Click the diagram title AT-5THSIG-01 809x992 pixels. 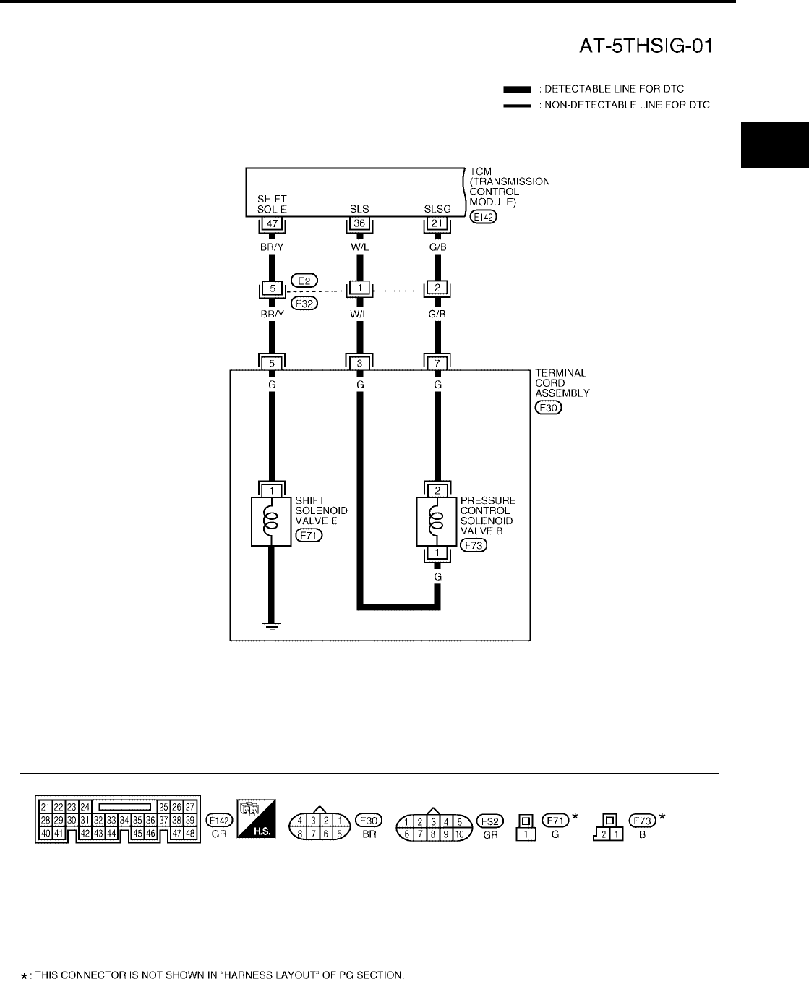[x=646, y=47]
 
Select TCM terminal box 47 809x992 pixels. [x=272, y=224]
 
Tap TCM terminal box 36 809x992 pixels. [x=359, y=224]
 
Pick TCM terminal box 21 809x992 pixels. [x=437, y=224]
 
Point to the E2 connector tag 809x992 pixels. [x=304, y=279]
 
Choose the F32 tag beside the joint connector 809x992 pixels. [x=304, y=303]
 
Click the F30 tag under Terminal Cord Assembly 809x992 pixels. [x=548, y=408]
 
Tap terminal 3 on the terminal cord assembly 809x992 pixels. [x=359, y=363]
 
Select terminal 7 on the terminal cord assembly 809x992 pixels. [x=437, y=363]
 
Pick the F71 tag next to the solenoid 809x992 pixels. [x=309, y=536]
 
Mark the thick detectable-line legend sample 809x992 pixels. [x=518, y=90]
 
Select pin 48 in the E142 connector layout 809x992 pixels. [x=190, y=833]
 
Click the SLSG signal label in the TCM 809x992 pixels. [x=437, y=209]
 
